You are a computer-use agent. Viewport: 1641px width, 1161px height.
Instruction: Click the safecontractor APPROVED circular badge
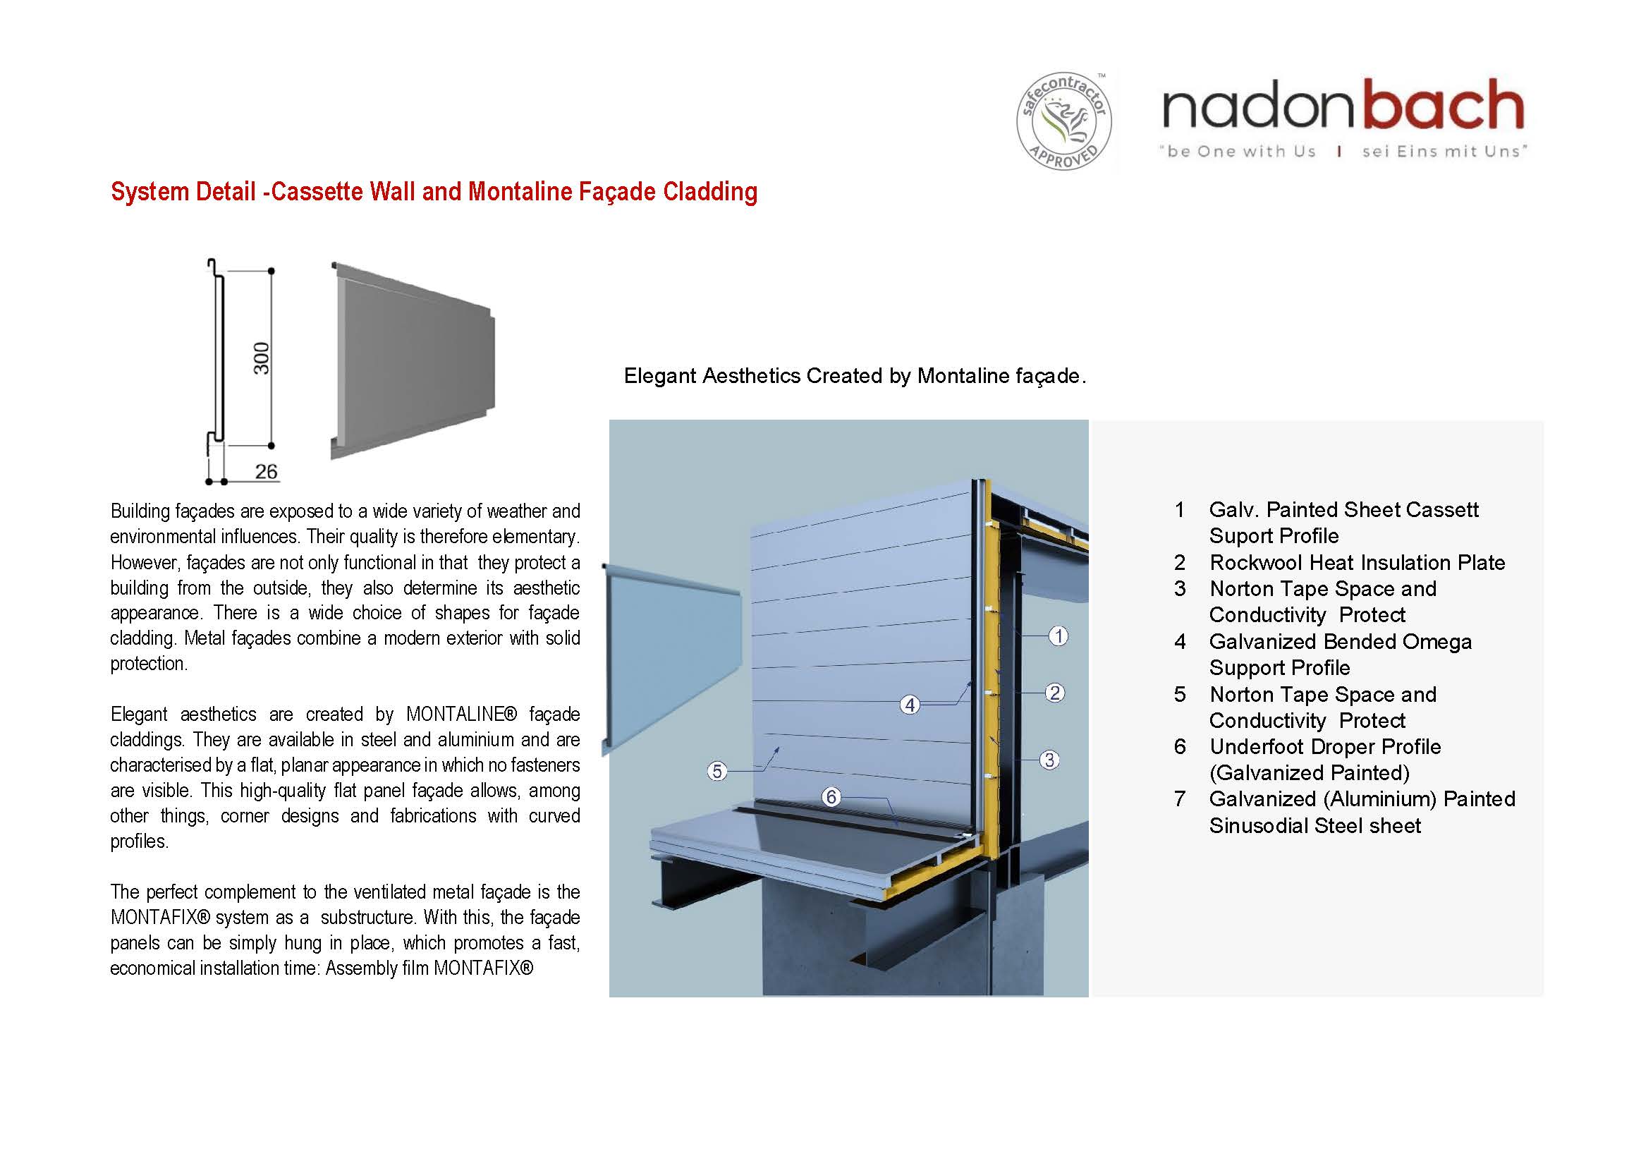tap(1063, 121)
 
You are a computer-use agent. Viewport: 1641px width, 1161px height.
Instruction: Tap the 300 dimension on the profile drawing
tap(262, 358)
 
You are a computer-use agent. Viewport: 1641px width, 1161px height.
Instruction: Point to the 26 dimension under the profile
tap(266, 472)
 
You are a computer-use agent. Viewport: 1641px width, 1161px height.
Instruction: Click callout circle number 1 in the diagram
tap(1059, 636)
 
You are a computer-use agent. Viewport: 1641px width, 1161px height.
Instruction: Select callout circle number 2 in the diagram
tap(1054, 692)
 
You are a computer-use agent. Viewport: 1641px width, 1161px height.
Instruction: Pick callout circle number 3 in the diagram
tap(1049, 760)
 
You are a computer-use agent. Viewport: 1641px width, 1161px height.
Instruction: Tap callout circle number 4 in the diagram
tap(909, 705)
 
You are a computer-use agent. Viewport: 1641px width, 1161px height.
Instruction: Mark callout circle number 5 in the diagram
tap(717, 772)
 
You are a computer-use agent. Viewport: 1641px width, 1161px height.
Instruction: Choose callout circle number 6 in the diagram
tap(831, 797)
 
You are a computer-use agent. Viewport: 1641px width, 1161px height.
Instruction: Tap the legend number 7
tap(1179, 799)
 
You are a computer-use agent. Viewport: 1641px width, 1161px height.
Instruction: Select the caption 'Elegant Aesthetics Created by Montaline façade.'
tap(855, 376)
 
